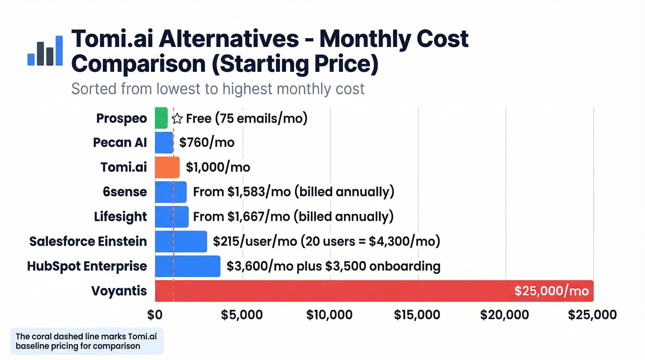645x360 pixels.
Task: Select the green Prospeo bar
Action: (x=161, y=118)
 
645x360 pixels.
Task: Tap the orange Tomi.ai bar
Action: (x=167, y=167)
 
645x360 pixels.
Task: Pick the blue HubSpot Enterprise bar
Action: (x=188, y=266)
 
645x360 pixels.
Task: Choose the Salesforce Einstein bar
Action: (x=181, y=242)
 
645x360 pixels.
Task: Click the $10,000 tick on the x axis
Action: (x=329, y=315)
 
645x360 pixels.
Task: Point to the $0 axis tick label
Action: (x=155, y=315)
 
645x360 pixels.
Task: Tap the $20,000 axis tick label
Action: (x=504, y=315)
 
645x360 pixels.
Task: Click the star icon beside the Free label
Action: (x=177, y=118)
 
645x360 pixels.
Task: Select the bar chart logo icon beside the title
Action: (x=45, y=50)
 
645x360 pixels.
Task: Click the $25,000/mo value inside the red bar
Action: (x=551, y=291)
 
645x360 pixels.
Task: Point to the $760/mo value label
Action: (x=207, y=142)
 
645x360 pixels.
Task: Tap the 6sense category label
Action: (x=125, y=192)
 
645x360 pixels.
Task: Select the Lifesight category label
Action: (x=120, y=217)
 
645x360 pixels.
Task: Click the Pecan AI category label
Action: (x=120, y=142)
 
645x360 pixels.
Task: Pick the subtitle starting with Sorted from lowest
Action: (x=217, y=88)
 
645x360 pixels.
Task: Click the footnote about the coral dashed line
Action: (x=86, y=341)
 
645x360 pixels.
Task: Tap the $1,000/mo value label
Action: (x=218, y=167)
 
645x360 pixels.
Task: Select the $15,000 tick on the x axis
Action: (x=417, y=315)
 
